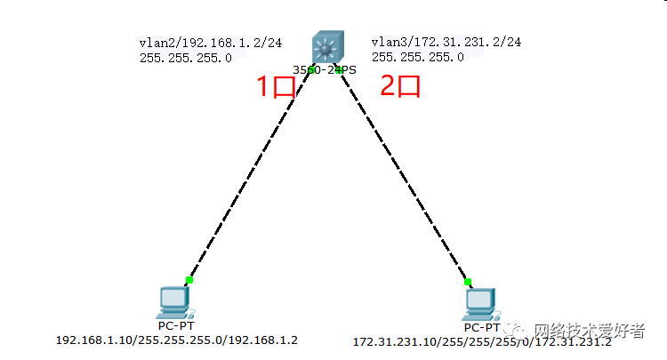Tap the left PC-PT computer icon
click(173, 303)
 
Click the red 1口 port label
click(275, 88)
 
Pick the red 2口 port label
click(399, 87)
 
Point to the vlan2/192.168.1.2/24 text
click(192, 42)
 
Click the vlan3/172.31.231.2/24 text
click(446, 42)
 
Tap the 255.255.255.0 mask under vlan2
click(185, 57)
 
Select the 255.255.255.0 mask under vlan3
click(417, 57)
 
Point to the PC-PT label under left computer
click(173, 325)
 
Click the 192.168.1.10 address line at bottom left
click(177, 340)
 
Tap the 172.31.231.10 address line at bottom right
click(481, 341)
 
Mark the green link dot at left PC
click(189, 280)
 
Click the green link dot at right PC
click(468, 282)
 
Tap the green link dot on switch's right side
click(341, 69)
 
